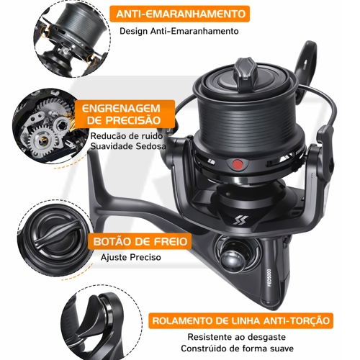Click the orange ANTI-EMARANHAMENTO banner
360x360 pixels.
179,14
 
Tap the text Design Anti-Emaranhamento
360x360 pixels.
179,31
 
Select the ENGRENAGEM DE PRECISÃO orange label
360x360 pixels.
124,114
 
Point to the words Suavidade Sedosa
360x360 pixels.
128,146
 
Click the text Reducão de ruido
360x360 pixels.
127,136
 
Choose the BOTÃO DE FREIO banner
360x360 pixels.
140,241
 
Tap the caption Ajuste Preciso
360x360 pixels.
131,257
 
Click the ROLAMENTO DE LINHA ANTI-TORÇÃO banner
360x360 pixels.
240,320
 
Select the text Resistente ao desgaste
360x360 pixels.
237,337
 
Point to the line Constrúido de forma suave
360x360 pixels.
238,348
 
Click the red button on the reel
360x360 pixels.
238,165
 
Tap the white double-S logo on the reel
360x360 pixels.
238,220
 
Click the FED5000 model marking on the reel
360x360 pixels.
269,277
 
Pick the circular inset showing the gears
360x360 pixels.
49,126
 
